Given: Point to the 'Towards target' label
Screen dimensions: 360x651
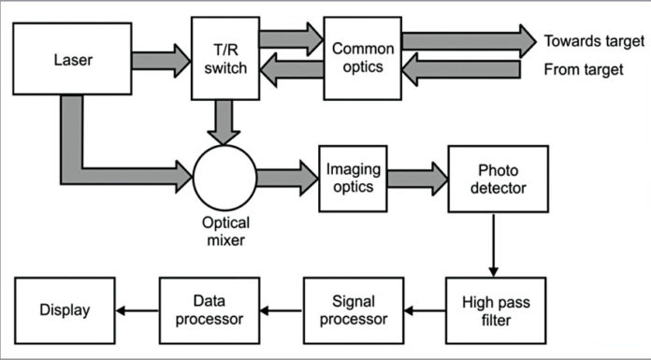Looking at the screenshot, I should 594,41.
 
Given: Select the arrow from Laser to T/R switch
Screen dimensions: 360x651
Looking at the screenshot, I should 160,60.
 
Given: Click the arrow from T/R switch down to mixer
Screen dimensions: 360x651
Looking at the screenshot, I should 224,122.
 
